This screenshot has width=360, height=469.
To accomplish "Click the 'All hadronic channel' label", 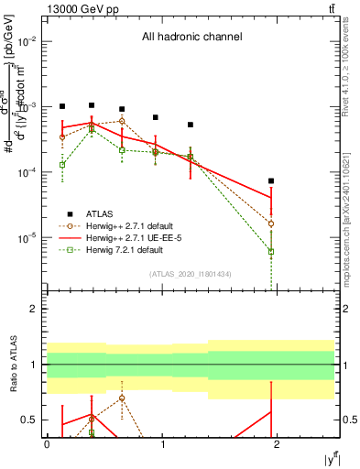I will pyautogui.click(x=191, y=38).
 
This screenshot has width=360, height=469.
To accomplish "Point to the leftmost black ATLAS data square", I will pyautogui.click(x=62, y=106).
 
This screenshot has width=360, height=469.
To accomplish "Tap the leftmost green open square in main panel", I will pyautogui.click(x=62, y=165).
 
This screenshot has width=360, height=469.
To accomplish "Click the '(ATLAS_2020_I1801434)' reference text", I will pyautogui.click(x=190, y=274).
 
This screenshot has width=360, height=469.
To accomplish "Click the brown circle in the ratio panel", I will pyautogui.click(x=122, y=398).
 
